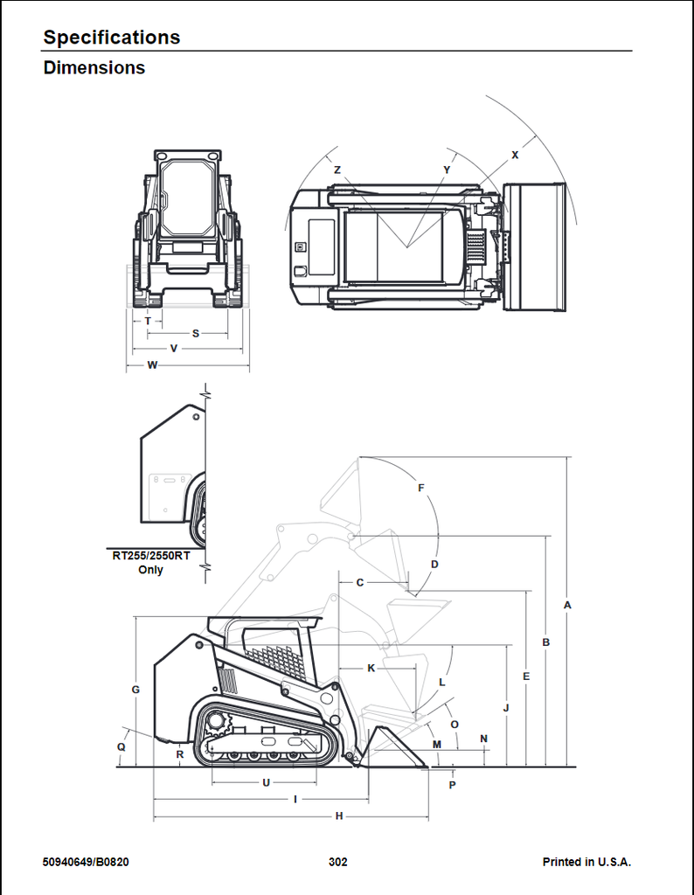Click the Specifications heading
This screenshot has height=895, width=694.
point(112,37)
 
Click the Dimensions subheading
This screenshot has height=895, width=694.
point(94,67)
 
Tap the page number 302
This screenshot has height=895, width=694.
point(338,862)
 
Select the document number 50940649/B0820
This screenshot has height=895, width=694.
point(86,862)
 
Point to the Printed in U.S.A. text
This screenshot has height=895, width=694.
point(586,862)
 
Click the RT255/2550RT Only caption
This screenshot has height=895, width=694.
point(150,562)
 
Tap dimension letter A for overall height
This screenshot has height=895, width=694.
point(567,605)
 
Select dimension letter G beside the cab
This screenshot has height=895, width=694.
point(135,690)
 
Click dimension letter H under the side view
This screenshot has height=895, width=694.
point(339,816)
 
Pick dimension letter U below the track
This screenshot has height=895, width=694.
point(266,782)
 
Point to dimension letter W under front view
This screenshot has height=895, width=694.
point(152,364)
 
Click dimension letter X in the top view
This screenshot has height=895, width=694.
point(516,155)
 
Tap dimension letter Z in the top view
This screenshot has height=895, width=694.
point(337,170)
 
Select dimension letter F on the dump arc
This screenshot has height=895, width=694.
point(421,488)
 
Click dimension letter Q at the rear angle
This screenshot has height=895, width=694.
point(121,747)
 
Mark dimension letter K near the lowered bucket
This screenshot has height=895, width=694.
point(371,669)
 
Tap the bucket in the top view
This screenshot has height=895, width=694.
point(535,247)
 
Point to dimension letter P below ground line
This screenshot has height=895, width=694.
point(453,785)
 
